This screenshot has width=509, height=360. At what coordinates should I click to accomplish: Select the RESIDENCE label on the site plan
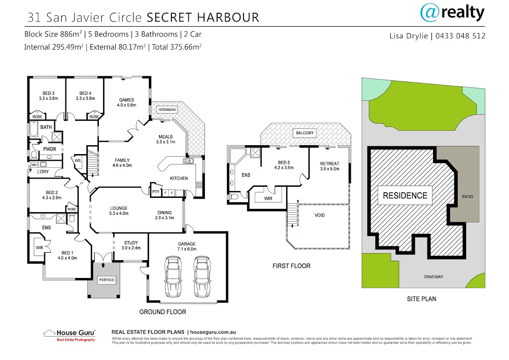(x=405, y=196)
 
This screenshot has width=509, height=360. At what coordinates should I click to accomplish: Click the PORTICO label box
(x=106, y=280)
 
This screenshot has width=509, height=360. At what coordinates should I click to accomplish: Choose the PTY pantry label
(x=156, y=192)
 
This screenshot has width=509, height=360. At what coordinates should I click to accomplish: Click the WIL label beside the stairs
(x=78, y=160)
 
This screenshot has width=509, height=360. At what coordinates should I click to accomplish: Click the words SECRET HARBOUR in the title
(x=202, y=17)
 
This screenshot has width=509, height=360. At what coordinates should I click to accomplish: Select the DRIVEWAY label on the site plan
(x=433, y=277)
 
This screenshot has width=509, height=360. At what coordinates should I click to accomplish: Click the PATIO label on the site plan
(x=468, y=197)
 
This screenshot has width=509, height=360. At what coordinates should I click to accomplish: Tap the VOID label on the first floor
(x=320, y=215)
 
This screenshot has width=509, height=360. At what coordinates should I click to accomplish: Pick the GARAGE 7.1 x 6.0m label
(x=187, y=246)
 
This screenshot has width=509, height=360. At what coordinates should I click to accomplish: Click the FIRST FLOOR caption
(x=291, y=266)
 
